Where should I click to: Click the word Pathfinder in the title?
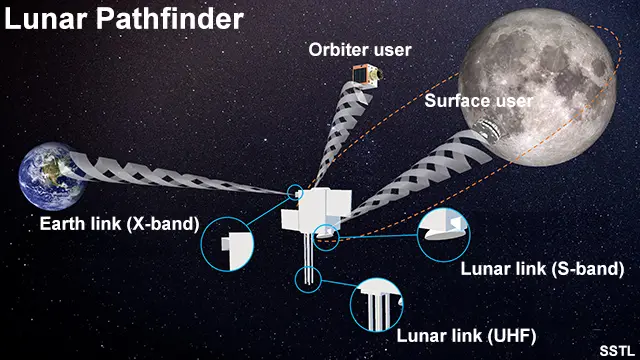tap(177, 19)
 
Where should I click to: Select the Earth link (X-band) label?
tap(119, 222)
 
